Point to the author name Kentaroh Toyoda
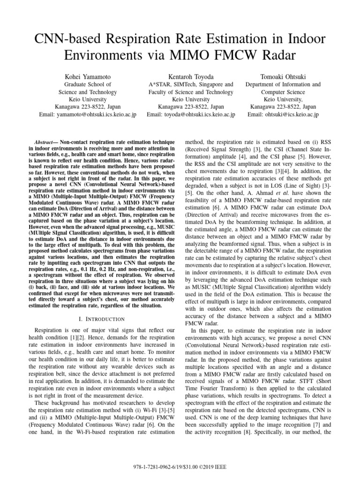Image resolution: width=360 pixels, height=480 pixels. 190,76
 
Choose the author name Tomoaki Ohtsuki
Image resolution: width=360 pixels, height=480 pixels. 283,76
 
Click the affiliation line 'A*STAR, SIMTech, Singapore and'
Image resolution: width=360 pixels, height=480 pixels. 190,84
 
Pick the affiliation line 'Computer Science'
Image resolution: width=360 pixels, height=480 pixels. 283,92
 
